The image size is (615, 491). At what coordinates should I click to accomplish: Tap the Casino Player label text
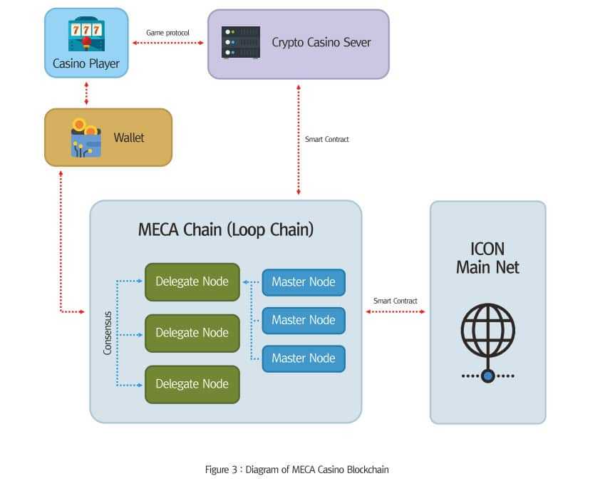point(86,63)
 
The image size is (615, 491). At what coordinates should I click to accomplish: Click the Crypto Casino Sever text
point(321,42)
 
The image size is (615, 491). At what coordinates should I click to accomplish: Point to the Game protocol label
point(167,33)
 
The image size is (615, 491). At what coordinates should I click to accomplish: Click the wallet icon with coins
point(86,137)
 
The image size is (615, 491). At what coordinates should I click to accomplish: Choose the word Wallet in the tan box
point(129,137)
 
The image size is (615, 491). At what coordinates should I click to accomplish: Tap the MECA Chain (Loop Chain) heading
point(226,230)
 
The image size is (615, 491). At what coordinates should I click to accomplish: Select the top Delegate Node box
point(192,281)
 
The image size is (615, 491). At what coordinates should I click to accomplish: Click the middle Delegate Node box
point(192,333)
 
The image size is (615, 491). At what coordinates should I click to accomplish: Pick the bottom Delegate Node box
point(192,384)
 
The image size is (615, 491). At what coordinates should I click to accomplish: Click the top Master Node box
point(304,282)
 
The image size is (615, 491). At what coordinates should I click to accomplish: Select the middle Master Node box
point(304,320)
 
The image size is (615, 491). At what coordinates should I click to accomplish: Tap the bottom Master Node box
point(304,358)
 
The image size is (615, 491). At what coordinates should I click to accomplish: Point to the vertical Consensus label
point(108,333)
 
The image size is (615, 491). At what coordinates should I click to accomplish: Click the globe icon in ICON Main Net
point(487,328)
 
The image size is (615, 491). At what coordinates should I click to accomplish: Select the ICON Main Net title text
point(487,259)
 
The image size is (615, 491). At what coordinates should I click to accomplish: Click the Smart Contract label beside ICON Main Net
point(396,301)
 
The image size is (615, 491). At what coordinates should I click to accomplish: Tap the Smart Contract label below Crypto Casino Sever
point(327,139)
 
